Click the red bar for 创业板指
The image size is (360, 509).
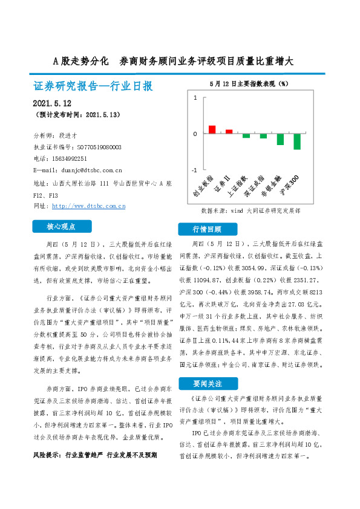[212, 129]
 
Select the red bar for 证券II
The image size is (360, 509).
[229, 131]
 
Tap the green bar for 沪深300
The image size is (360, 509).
[297, 141]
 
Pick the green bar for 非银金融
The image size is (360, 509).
[280, 139]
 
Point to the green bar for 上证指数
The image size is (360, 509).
[246, 135]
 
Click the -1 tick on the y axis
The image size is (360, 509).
[194, 170]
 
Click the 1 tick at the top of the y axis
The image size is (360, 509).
[195, 97]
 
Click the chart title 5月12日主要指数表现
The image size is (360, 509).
[249, 83]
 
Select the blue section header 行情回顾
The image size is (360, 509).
[207, 230]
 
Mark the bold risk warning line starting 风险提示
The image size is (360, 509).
[94, 437]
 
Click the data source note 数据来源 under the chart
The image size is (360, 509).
[250, 212]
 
